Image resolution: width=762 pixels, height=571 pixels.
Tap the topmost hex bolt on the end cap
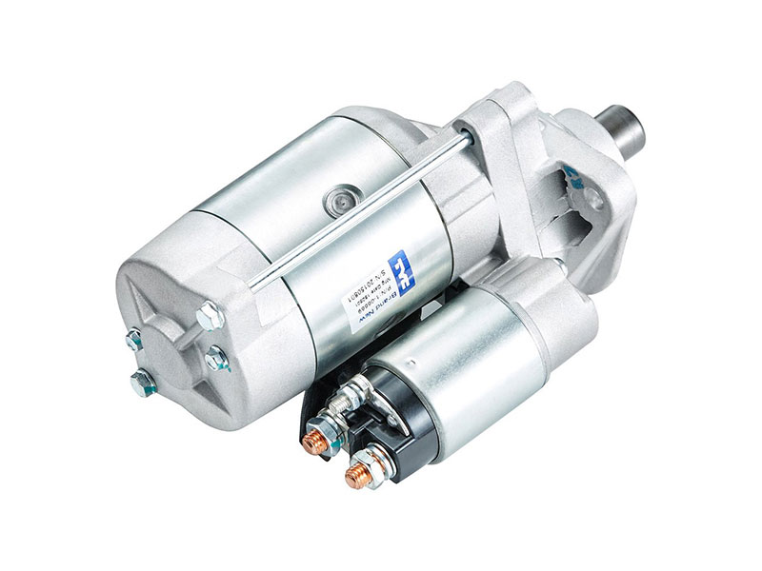pos(206,310)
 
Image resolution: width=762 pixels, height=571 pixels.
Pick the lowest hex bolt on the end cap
pos(142,384)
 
